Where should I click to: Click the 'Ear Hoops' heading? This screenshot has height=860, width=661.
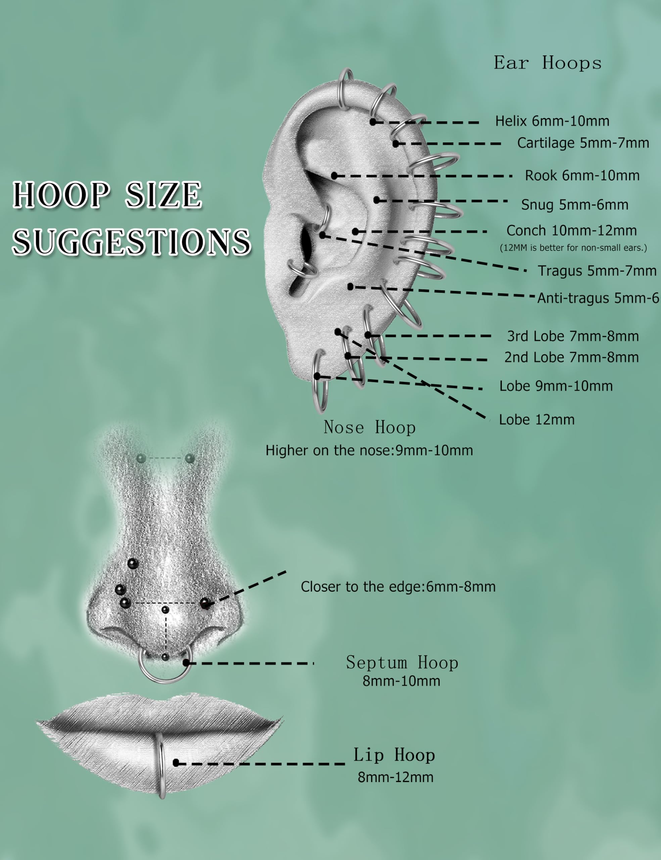547,63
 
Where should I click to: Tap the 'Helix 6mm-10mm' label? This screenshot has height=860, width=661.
552,121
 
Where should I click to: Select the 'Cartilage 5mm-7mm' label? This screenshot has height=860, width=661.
583,143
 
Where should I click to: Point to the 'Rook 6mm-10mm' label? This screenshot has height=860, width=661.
582,176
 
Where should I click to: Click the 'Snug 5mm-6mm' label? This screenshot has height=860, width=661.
574,205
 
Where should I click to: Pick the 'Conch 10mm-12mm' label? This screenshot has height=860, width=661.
571,231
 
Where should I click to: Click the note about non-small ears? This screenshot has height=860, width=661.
573,248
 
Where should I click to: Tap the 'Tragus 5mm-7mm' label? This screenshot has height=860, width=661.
597,271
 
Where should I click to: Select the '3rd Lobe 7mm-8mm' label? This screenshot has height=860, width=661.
572,336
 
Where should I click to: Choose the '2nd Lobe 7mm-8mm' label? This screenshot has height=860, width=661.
571,357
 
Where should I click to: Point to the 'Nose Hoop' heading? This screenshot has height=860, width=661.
370,428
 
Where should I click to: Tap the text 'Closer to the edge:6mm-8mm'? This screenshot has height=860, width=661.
398,587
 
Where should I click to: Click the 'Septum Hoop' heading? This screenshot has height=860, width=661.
402,663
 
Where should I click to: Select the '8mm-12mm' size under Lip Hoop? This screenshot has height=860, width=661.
395,777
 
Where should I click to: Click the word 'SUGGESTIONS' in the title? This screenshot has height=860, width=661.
131,242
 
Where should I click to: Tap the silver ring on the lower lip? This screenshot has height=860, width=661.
161,766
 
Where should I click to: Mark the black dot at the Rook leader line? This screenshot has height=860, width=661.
334,176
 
